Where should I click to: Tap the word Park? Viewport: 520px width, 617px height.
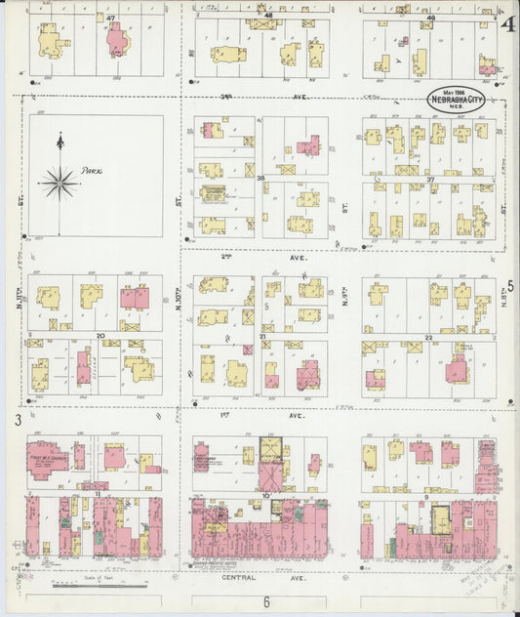coord(92,170)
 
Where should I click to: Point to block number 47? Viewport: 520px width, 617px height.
coord(110,18)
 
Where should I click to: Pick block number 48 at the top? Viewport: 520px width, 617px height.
coord(267,17)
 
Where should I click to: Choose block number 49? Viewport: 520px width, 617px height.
coord(429,17)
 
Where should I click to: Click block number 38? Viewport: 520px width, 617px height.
coord(260,179)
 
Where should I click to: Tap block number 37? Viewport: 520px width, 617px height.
coord(429,179)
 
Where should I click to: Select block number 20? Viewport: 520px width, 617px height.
coord(100,336)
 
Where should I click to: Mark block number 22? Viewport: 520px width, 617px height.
coord(428,337)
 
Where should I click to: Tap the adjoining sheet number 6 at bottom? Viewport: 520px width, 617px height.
coord(265,602)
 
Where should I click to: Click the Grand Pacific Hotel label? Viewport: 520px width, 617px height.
coord(216,565)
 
